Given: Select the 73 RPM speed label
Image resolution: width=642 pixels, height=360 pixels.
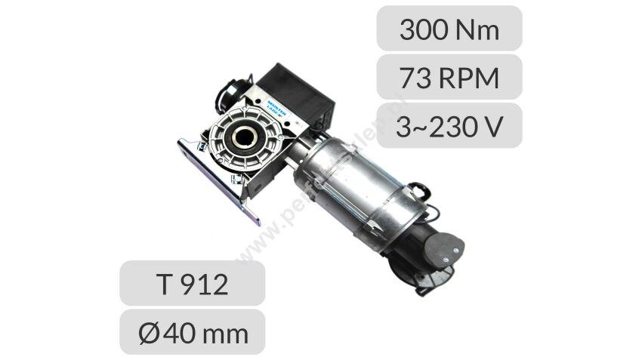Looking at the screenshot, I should point(449,77).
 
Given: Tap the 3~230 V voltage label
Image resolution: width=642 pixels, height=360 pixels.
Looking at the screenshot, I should point(449,125).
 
